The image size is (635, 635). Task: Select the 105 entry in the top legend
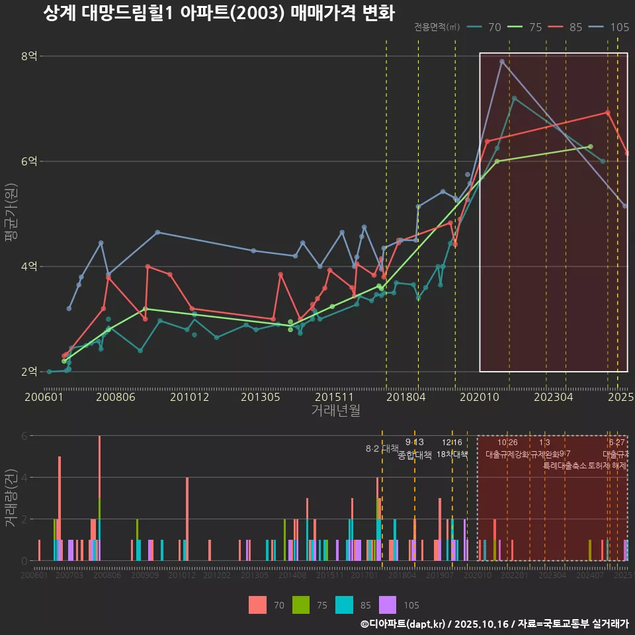click(619, 27)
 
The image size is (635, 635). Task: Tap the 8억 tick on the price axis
click(28, 56)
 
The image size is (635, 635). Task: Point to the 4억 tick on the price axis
click(28, 267)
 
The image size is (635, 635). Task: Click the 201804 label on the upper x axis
click(405, 398)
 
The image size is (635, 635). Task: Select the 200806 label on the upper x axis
click(115, 398)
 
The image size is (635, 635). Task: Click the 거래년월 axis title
click(335, 411)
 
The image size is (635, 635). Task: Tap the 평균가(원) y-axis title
click(11, 214)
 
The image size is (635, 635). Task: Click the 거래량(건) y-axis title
click(11, 497)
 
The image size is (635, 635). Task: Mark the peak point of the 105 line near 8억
click(502, 62)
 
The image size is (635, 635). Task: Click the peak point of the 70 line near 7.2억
click(514, 99)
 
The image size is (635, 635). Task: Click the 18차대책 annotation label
click(452, 454)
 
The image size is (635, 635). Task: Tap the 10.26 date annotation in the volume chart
click(507, 443)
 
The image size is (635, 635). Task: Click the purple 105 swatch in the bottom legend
click(388, 605)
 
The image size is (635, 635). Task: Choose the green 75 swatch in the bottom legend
click(301, 605)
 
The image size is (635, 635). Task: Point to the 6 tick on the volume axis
click(23, 436)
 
